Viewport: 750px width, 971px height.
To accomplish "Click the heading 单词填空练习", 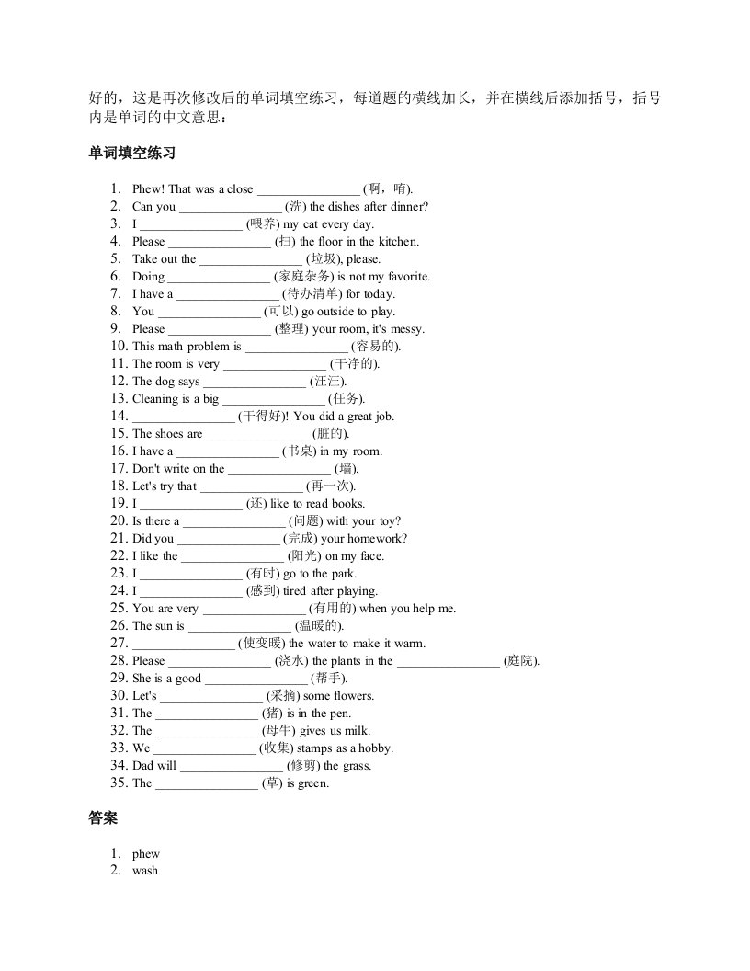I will point(131,154).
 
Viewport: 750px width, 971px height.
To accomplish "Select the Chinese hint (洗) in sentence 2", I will point(296,207).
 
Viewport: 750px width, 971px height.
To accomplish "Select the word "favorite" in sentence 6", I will point(406,277).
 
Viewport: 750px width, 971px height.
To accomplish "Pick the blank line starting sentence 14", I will point(183,416).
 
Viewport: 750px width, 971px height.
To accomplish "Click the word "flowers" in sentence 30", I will point(355,695).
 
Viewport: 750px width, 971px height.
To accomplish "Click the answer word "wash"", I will point(144,870).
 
